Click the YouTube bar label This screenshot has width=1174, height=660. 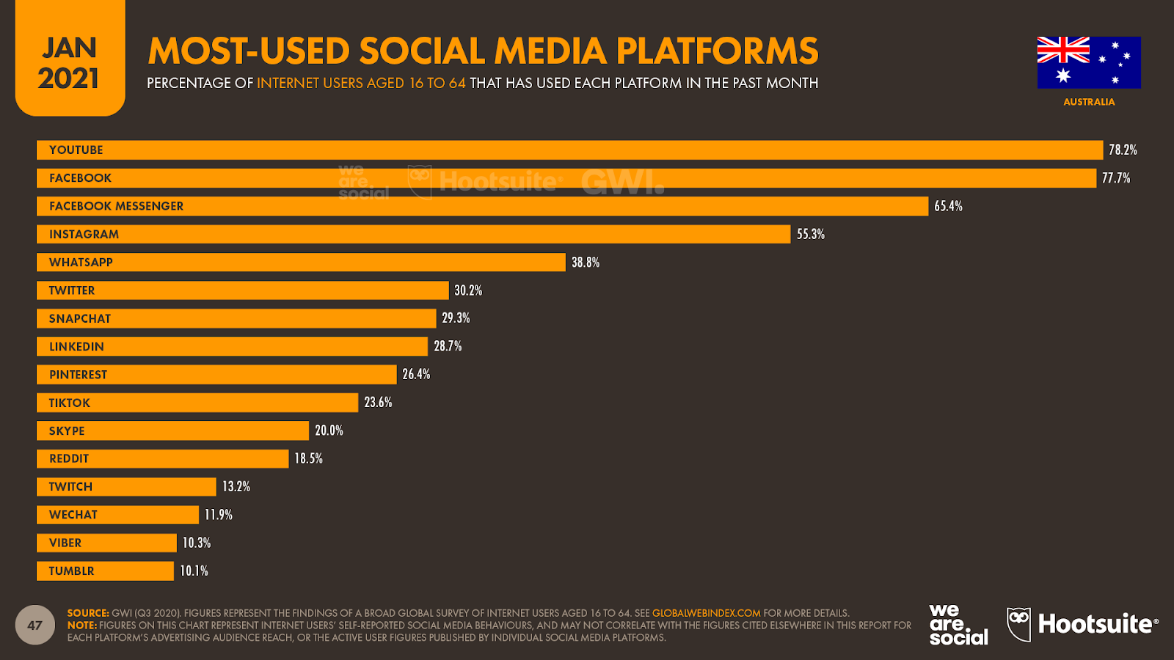pos(76,150)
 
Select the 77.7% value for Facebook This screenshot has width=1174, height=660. pos(1115,178)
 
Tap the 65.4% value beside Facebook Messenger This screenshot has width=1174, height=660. pos(948,206)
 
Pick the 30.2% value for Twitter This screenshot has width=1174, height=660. pos(468,290)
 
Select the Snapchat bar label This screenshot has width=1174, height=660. pos(80,319)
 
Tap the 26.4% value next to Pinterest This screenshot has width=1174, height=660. pos(416,374)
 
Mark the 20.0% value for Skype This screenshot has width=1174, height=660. pos(329,430)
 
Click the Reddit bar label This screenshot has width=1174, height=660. pos(69,459)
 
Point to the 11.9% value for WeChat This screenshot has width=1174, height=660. pos(219,515)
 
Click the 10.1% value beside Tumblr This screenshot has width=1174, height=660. pos(194,571)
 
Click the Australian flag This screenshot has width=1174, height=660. pos(1089,62)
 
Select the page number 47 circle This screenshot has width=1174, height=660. pos(34,626)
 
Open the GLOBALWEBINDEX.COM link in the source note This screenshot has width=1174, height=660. pos(706,613)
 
